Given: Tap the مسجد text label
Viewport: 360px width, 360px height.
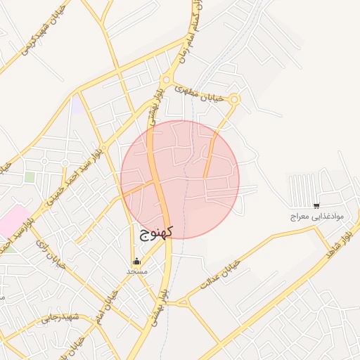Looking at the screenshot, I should click(136, 271).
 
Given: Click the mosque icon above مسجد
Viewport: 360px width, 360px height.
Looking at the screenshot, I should click(136, 261).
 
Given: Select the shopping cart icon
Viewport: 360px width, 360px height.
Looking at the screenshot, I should click(316, 206).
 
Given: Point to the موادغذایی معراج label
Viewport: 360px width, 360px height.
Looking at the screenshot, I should click(316, 217).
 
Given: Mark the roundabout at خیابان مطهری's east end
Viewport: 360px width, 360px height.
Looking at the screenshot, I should click(235, 100).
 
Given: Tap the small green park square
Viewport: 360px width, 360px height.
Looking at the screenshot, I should click(30, 177).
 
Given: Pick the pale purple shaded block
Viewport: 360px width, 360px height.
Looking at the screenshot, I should click(76, 105).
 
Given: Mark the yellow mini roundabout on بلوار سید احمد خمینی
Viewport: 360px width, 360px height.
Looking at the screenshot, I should click(65, 163).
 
